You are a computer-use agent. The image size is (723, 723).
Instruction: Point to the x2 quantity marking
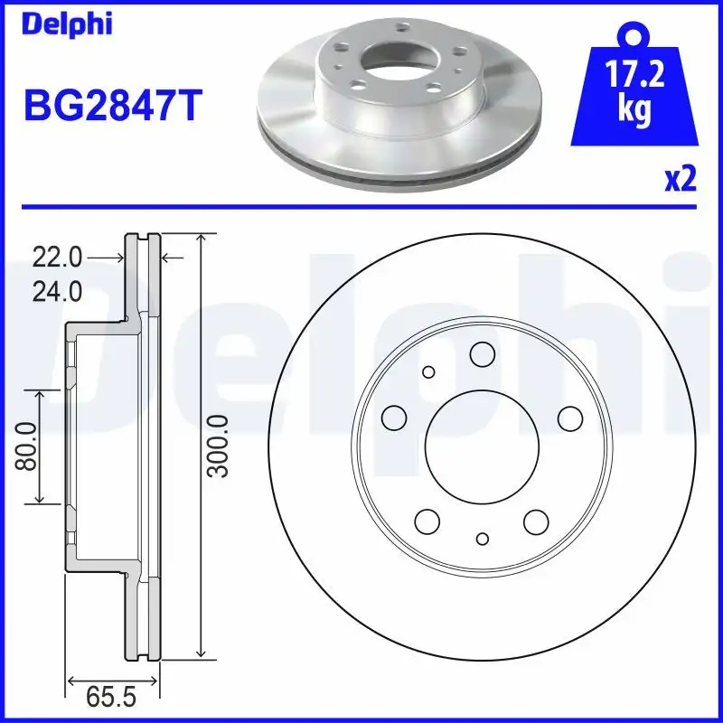click(x=681, y=180)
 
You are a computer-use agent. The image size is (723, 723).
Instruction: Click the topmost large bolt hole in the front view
click(x=482, y=354)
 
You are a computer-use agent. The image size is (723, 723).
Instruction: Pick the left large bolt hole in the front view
click(x=393, y=417)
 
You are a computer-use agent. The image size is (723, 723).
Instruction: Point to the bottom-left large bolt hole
click(x=427, y=521)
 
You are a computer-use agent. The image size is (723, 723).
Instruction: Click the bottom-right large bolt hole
click(x=536, y=521)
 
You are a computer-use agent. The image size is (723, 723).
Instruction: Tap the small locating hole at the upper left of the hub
click(x=428, y=371)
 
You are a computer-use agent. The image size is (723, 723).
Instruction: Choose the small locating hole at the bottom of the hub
click(x=482, y=539)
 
